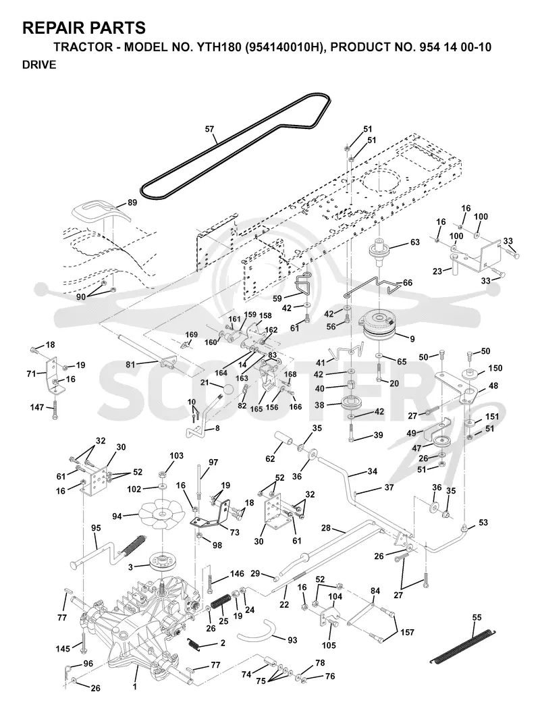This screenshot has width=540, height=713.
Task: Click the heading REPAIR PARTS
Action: click(84, 28)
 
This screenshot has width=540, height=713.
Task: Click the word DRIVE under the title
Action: click(39, 65)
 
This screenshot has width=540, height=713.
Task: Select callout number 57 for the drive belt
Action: click(209, 129)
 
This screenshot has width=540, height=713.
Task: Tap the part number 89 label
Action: click(132, 203)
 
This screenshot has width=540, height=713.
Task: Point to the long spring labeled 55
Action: click(463, 646)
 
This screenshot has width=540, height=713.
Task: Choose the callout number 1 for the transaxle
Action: click(134, 687)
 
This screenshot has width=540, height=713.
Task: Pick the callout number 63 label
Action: click(414, 242)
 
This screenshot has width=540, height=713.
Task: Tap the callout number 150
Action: click(495, 368)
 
